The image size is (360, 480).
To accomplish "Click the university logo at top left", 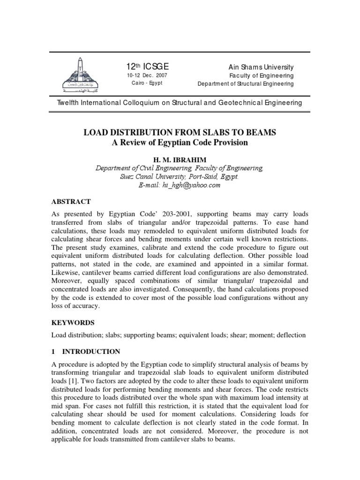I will (79, 75).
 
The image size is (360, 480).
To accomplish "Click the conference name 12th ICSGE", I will (144, 67).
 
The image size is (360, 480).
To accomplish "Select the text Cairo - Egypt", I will (146, 83).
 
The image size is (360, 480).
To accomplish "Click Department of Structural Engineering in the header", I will (246, 84).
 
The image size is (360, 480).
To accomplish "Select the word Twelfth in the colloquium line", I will (69, 103).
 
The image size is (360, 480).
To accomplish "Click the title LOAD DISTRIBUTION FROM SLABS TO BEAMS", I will (180, 133).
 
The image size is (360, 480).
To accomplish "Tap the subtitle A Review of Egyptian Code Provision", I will (180, 142).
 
